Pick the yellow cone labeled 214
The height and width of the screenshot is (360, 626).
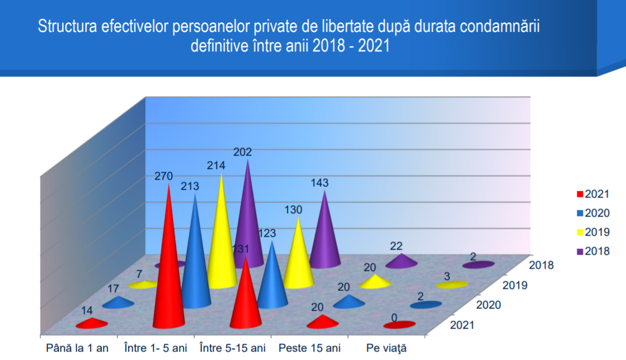(x=222, y=240)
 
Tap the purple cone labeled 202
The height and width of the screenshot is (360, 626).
(x=247, y=224)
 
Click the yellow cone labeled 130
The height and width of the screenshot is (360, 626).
(x=298, y=257)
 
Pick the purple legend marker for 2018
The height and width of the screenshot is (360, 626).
(x=580, y=252)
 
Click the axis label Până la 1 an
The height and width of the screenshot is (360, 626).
(x=77, y=348)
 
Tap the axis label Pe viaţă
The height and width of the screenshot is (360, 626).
(x=387, y=348)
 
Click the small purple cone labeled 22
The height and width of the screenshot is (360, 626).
(x=402, y=260)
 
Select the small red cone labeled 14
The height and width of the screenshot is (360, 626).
(x=92, y=323)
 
